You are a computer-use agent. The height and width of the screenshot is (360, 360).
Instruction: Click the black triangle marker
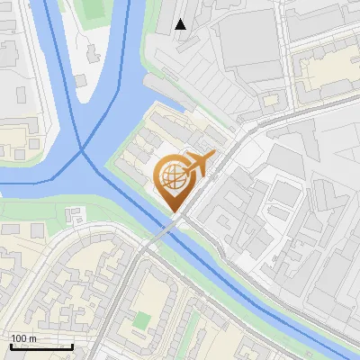pos(181,24)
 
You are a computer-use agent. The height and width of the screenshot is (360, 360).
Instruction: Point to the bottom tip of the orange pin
pos(173,212)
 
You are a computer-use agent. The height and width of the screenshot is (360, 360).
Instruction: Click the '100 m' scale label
pos(23,338)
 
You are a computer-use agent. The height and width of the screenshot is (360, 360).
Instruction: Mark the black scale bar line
pos(41,346)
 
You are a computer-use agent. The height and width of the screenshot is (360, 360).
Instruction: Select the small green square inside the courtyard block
pos(140,319)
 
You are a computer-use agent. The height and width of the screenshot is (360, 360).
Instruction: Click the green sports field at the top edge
pos(93,9)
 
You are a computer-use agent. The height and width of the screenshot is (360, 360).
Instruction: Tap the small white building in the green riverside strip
pos(75,214)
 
